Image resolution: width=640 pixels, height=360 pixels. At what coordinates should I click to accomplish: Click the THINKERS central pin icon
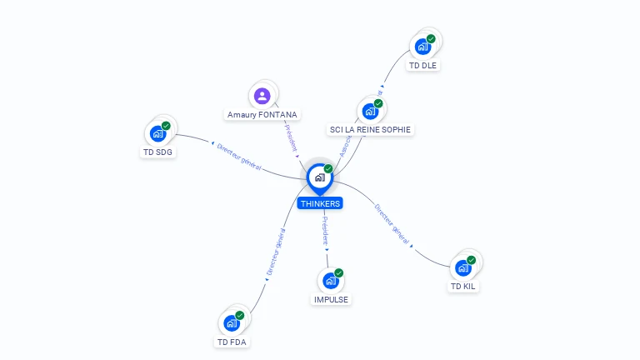[x=319, y=177]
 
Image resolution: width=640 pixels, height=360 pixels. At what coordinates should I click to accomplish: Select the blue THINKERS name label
[x=320, y=203]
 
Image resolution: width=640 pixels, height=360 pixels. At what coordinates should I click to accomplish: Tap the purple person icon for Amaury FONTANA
[x=262, y=96]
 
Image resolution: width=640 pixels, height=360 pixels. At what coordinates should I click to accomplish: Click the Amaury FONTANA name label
[x=262, y=115]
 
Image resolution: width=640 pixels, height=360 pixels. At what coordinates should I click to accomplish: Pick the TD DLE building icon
[x=423, y=47]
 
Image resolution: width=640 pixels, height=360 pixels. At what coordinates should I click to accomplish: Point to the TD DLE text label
[x=423, y=65]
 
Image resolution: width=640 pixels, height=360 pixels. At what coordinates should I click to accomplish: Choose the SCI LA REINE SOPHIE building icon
[x=370, y=111]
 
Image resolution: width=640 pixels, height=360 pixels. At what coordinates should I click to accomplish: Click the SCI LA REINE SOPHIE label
[x=371, y=129]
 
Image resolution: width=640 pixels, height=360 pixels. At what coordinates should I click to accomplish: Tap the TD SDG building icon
[x=158, y=133]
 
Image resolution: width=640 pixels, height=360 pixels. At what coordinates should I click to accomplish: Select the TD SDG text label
[x=158, y=152]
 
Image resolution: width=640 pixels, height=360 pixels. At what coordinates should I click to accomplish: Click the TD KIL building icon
[x=463, y=267]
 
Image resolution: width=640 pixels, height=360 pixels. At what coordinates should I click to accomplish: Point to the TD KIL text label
[x=464, y=287]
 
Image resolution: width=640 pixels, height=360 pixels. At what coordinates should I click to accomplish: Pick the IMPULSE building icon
[x=331, y=281]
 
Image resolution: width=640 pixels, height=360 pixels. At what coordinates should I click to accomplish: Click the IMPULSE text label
[x=332, y=299]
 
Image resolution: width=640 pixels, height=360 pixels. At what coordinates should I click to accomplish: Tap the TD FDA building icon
[x=232, y=323]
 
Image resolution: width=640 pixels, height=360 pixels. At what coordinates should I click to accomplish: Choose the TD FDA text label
[x=232, y=342]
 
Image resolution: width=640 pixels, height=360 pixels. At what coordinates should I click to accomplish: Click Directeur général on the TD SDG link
[x=239, y=157]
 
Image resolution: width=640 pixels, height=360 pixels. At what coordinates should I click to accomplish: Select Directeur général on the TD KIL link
[x=392, y=224]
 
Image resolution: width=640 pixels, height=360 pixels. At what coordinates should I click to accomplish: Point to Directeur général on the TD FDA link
[x=276, y=252]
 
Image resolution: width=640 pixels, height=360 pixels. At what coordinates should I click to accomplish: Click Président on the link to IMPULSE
[x=325, y=231]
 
